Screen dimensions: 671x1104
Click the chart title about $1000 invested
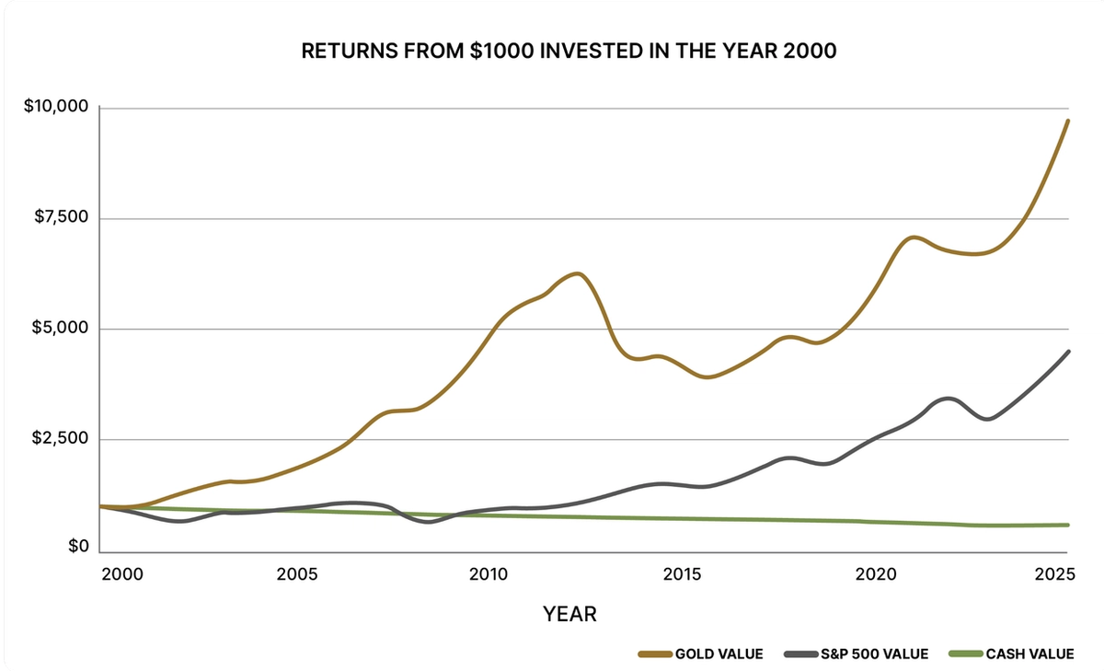[569, 52]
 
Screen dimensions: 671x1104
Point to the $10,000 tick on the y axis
[56, 108]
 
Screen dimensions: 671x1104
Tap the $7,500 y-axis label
[61, 218]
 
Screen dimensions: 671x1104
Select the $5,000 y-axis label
[61, 329]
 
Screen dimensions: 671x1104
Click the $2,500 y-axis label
[61, 439]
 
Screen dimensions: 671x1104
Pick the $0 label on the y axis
[80, 549]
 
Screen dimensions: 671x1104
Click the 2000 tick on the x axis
[121, 574]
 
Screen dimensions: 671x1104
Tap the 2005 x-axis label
[297, 574]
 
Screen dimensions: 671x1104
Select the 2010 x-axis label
[489, 574]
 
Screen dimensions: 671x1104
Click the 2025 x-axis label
[1054, 574]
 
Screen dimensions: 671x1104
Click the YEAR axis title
[569, 614]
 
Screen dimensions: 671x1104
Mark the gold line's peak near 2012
[577, 273]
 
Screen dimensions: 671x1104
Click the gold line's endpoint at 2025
[1068, 121]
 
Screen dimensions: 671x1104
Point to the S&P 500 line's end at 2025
[1068, 351]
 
